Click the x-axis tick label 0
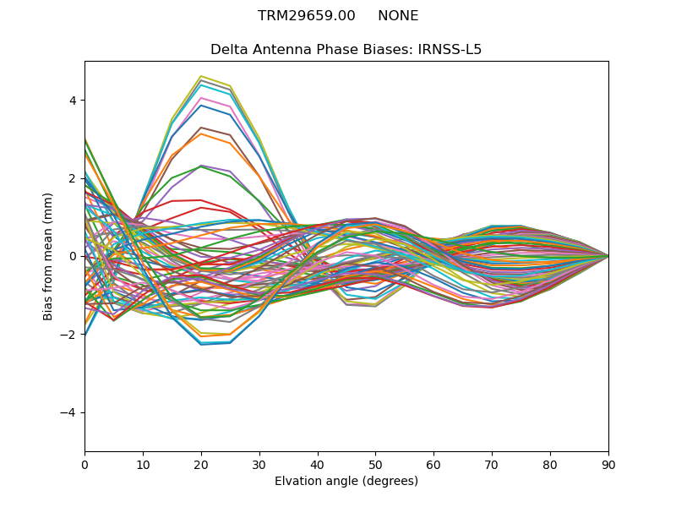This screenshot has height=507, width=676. pos(84,464)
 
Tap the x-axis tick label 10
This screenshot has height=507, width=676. pos(143,464)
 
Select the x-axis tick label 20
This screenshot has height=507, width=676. pos(201,464)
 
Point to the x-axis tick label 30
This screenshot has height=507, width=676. pos(259,464)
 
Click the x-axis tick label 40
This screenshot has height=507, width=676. pos(318,464)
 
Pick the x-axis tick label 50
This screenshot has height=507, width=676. pos(375,464)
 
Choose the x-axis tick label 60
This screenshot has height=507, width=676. pos(433,464)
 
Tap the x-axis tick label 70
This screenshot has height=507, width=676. pos(492,464)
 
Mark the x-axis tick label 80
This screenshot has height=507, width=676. pos(550,464)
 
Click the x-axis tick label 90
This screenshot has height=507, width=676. pos(608,464)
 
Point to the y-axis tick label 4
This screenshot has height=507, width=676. pos(72,101)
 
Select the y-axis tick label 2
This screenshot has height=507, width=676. pos(72,178)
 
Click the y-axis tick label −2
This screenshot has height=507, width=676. pos(68,335)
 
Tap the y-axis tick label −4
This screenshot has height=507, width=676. pos(68,412)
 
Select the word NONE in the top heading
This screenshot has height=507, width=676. pos(398,16)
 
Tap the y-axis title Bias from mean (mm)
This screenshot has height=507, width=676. pos(48,256)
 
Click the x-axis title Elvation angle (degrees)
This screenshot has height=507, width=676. pos(346,482)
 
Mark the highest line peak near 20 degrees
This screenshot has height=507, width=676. pos(201,76)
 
